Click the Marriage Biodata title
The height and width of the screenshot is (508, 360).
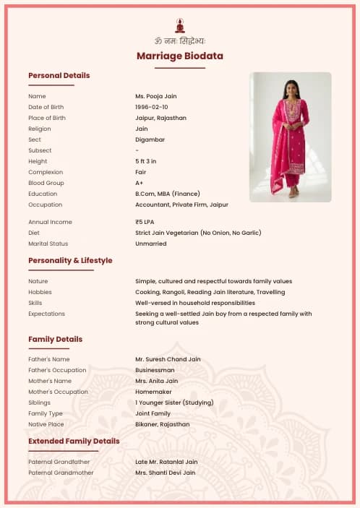180,56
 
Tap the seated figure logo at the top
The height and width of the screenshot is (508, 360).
180,25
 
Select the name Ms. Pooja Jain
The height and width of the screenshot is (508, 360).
156,96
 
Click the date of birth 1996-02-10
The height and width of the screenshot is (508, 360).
152,107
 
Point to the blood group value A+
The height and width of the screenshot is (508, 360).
140,183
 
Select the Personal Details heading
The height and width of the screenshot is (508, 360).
59,75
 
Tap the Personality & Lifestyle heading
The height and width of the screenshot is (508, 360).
70,260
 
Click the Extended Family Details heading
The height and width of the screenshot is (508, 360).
74,441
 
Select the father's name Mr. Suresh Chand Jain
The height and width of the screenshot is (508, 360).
168,359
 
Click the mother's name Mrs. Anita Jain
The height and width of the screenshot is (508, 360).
156,381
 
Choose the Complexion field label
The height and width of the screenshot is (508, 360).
46,172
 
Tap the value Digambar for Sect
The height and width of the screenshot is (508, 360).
150,139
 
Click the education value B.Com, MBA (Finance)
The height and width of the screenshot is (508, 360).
168,194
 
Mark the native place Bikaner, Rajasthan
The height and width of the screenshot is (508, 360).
163,424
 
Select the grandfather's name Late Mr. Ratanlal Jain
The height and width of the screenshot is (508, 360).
166,462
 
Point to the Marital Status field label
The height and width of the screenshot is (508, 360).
48,244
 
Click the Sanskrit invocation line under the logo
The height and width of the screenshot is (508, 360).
180,40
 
